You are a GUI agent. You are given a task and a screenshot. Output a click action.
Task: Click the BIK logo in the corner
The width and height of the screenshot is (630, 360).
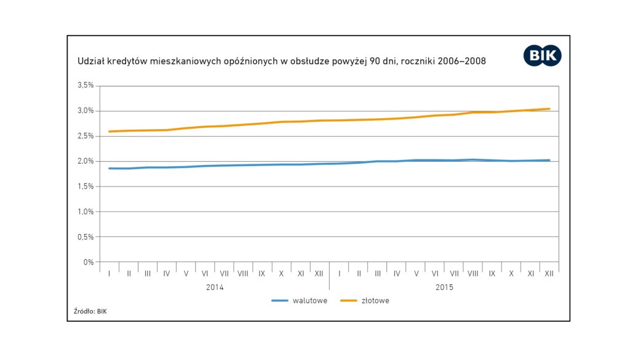pyautogui.click(x=542, y=55)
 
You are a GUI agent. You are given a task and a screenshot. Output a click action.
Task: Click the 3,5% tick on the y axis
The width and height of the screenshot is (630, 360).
pyautogui.click(x=86, y=86)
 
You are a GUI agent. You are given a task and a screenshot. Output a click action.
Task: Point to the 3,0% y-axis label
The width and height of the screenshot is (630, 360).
pyautogui.click(x=86, y=111)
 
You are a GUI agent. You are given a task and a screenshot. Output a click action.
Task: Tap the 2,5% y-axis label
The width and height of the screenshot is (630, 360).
pyautogui.click(x=86, y=136)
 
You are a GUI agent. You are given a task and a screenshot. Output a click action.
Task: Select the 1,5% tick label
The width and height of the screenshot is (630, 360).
pyautogui.click(x=86, y=186)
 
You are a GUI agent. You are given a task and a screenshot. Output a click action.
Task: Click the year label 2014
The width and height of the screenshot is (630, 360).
pyautogui.click(x=215, y=287)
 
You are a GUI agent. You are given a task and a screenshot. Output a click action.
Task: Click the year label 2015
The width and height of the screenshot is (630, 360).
pyautogui.click(x=444, y=287)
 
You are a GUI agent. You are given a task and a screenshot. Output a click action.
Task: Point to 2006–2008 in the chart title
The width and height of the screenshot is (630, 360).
pyautogui.click(x=459, y=62)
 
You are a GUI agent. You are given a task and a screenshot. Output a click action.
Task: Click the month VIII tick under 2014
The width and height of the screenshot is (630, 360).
pyautogui.click(x=243, y=273)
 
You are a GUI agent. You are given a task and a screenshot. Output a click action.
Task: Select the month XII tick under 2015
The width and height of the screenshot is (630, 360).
pyautogui.click(x=549, y=273)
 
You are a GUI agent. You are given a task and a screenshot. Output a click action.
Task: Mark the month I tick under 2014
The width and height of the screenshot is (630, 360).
pyautogui.click(x=109, y=273)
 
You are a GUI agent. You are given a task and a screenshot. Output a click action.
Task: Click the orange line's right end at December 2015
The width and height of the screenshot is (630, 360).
pyautogui.click(x=549, y=109)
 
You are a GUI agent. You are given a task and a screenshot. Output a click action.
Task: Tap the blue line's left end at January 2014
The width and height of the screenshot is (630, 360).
pyautogui.click(x=109, y=169)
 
